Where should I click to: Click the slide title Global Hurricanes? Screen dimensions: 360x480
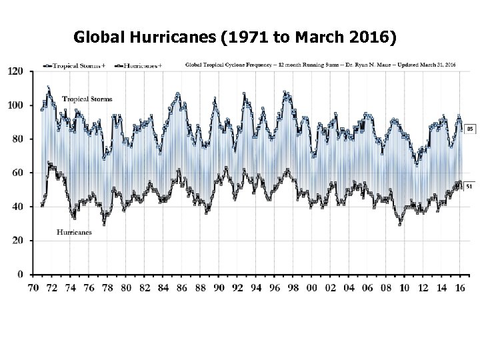click(235, 38)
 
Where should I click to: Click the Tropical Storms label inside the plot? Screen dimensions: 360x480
click(87, 99)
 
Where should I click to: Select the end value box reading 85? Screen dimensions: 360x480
click(469, 128)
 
